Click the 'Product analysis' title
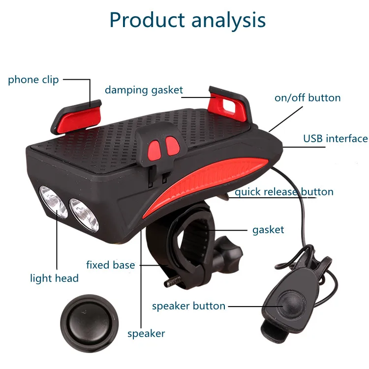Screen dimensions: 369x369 187,20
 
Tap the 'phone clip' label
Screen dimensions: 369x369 33,79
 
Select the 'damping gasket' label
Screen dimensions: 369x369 144,90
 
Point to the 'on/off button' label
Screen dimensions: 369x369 307,98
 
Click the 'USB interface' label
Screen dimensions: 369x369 335,139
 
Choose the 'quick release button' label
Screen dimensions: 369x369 284,191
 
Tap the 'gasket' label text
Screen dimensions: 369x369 268,229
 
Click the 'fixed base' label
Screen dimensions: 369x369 110,265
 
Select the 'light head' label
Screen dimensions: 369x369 54,278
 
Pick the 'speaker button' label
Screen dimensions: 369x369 188,306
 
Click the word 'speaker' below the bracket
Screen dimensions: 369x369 146,334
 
